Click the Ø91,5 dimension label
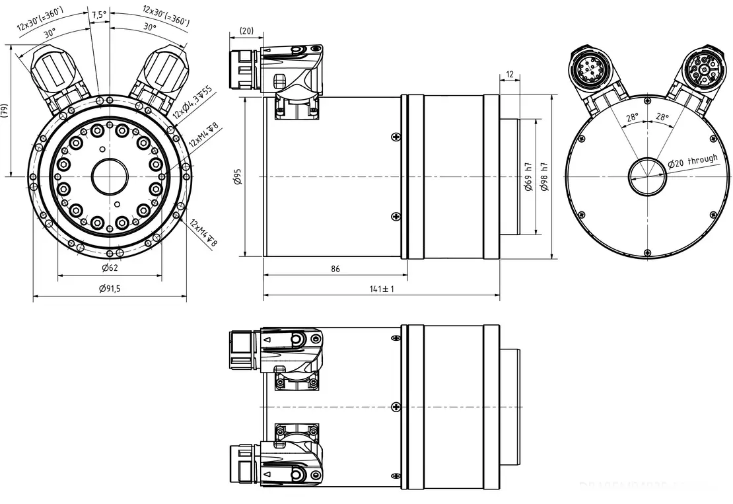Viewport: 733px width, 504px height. click(x=110, y=289)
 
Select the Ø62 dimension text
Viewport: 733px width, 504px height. click(x=110, y=268)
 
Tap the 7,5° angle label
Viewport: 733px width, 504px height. click(x=98, y=14)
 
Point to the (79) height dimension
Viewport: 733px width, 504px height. click(x=5, y=110)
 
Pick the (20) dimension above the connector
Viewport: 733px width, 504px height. click(x=247, y=30)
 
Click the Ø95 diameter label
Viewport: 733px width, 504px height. click(x=238, y=177)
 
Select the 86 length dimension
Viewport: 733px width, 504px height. click(x=335, y=269)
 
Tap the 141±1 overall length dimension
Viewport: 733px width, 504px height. click(x=381, y=289)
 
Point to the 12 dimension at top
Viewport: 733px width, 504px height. click(x=509, y=73)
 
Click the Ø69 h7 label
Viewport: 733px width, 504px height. click(x=528, y=177)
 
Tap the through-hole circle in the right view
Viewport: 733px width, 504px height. click(x=648, y=177)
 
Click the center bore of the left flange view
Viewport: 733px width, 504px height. click(x=110, y=177)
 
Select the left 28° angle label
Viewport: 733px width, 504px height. click(x=632, y=117)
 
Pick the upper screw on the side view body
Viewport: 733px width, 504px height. click(x=396, y=137)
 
